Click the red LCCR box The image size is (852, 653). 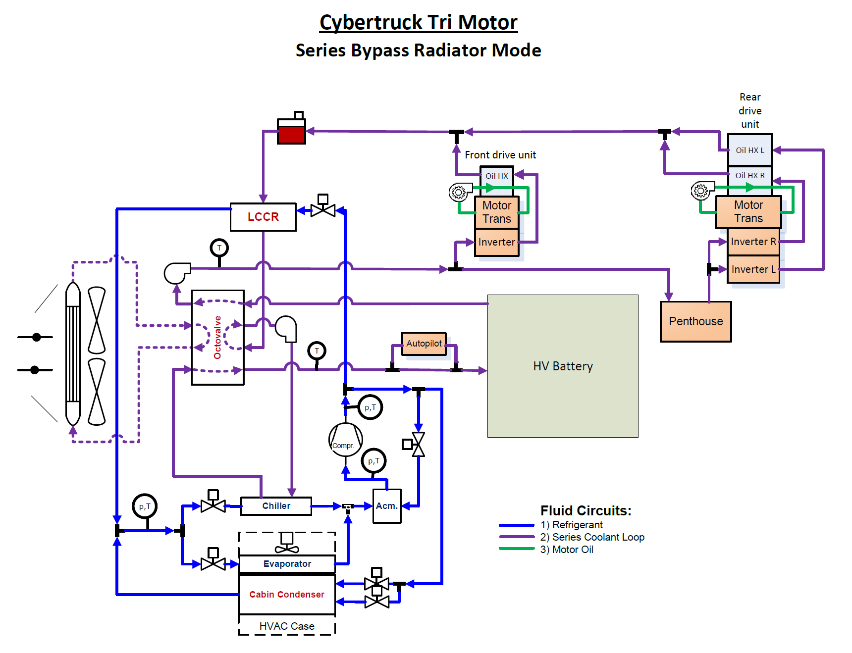263,217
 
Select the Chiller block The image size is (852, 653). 276,506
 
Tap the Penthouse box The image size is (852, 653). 695,321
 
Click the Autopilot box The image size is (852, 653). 424,344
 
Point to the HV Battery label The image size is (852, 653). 563,366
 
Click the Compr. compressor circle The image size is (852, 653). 345,440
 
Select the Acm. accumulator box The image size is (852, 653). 386,506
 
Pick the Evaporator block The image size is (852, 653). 287,564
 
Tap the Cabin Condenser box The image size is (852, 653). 287,595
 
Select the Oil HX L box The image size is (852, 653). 749,150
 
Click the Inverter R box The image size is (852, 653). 753,242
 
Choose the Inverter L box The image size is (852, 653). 753,269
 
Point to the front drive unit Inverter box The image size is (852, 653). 496,242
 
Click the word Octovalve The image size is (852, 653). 217,337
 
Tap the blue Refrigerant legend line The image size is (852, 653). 517,525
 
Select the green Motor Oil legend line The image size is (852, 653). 517,549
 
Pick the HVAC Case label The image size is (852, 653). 287,626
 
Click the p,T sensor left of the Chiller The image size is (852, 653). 145,506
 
